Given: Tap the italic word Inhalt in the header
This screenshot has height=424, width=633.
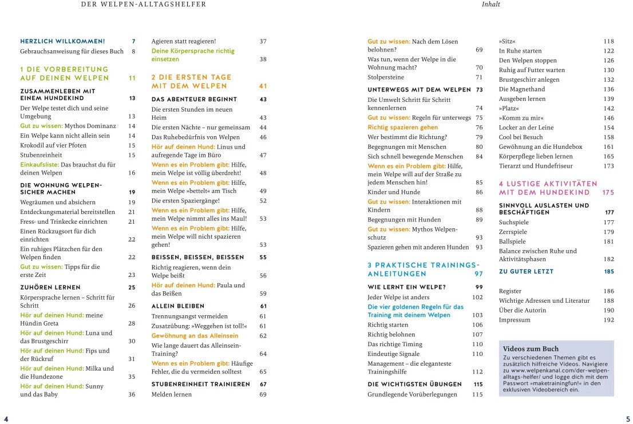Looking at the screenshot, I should tap(490, 5).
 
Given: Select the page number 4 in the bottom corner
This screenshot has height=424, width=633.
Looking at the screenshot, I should tap(6, 418).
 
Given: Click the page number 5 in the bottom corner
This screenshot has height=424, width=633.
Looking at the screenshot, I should tap(627, 418).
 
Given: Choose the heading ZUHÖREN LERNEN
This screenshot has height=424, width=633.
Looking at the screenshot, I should tap(50, 287).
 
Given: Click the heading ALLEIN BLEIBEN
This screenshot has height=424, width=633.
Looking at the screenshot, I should tap(177, 306).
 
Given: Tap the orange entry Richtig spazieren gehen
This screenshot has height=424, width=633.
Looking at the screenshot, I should tap(402, 128).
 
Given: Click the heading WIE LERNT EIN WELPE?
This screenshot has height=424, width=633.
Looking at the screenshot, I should tap(406, 287).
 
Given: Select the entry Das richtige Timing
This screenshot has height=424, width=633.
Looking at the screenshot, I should tap(395, 344).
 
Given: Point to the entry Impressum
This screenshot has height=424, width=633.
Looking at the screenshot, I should tap(515, 320).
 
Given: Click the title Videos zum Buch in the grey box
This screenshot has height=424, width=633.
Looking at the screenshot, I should tap(531, 348).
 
